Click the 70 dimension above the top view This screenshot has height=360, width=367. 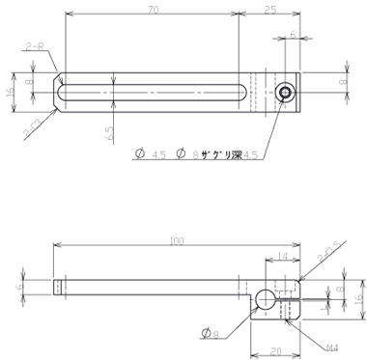click(154, 10)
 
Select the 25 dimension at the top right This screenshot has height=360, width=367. click(269, 10)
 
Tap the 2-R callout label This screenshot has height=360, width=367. click(35, 45)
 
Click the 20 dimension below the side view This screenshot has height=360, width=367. click(276, 351)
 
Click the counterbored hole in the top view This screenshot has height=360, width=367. click(284, 93)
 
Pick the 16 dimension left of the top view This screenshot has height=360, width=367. click(10, 92)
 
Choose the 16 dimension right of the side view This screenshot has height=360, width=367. click(357, 300)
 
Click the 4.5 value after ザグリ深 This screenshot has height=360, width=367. click(251, 154)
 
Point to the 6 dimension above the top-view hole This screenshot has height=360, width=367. click(293, 35)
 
